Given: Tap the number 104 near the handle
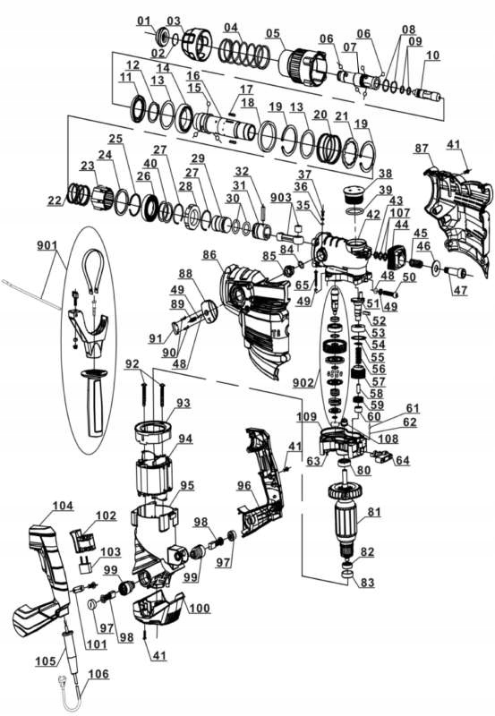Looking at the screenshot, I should pos(63,506).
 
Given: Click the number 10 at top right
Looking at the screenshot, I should pos(432,55).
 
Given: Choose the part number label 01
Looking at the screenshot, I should pos(144,20).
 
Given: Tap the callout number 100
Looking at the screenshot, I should pos(199,609).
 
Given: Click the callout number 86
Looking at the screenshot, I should pos(211,255).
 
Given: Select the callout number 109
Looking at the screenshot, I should pos(307,418).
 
